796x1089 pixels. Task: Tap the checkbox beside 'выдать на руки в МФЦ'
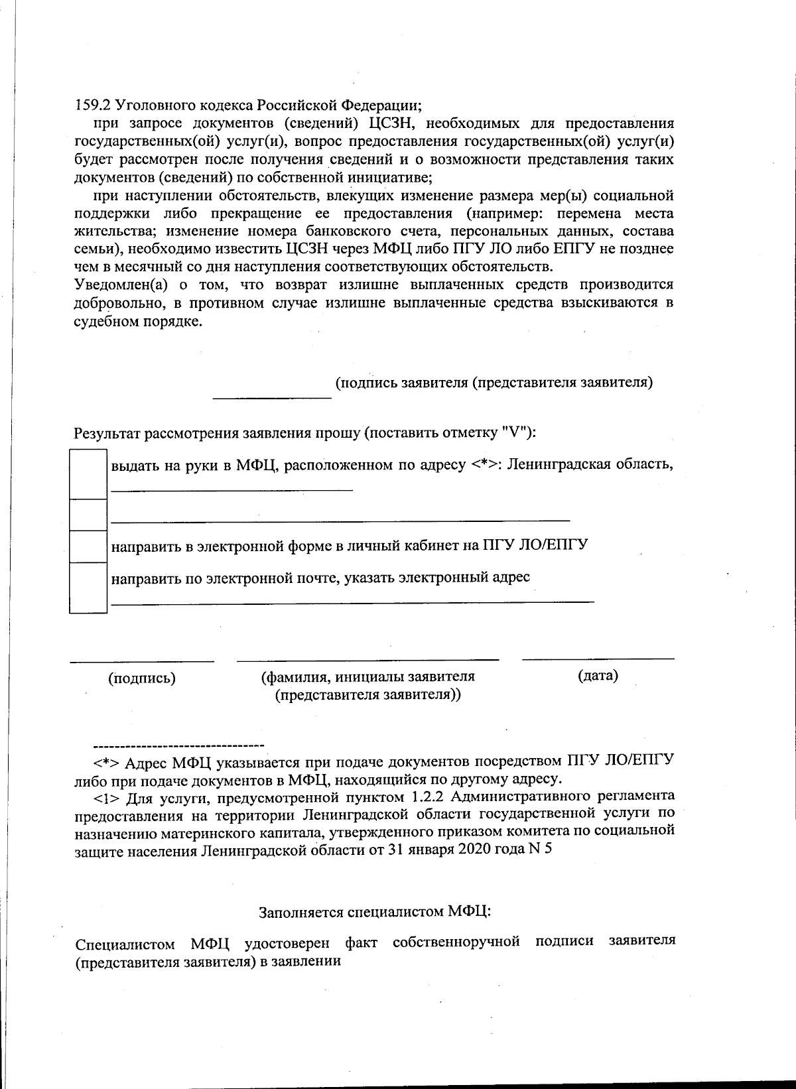(88, 474)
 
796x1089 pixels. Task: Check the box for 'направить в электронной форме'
(88, 546)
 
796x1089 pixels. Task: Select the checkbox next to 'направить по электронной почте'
(88, 587)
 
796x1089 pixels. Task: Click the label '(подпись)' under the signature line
(142, 678)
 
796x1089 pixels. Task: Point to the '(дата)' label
(598, 676)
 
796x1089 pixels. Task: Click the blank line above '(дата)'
(598, 659)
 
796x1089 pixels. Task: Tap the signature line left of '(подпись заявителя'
(271, 397)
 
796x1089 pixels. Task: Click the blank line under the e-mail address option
(352, 602)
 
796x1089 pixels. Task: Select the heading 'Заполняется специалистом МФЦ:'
(375, 911)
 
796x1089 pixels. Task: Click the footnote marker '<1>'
(105, 796)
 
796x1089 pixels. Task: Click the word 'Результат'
(106, 434)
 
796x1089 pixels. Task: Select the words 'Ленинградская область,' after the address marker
(591, 464)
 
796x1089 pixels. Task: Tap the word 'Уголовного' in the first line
(147, 105)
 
